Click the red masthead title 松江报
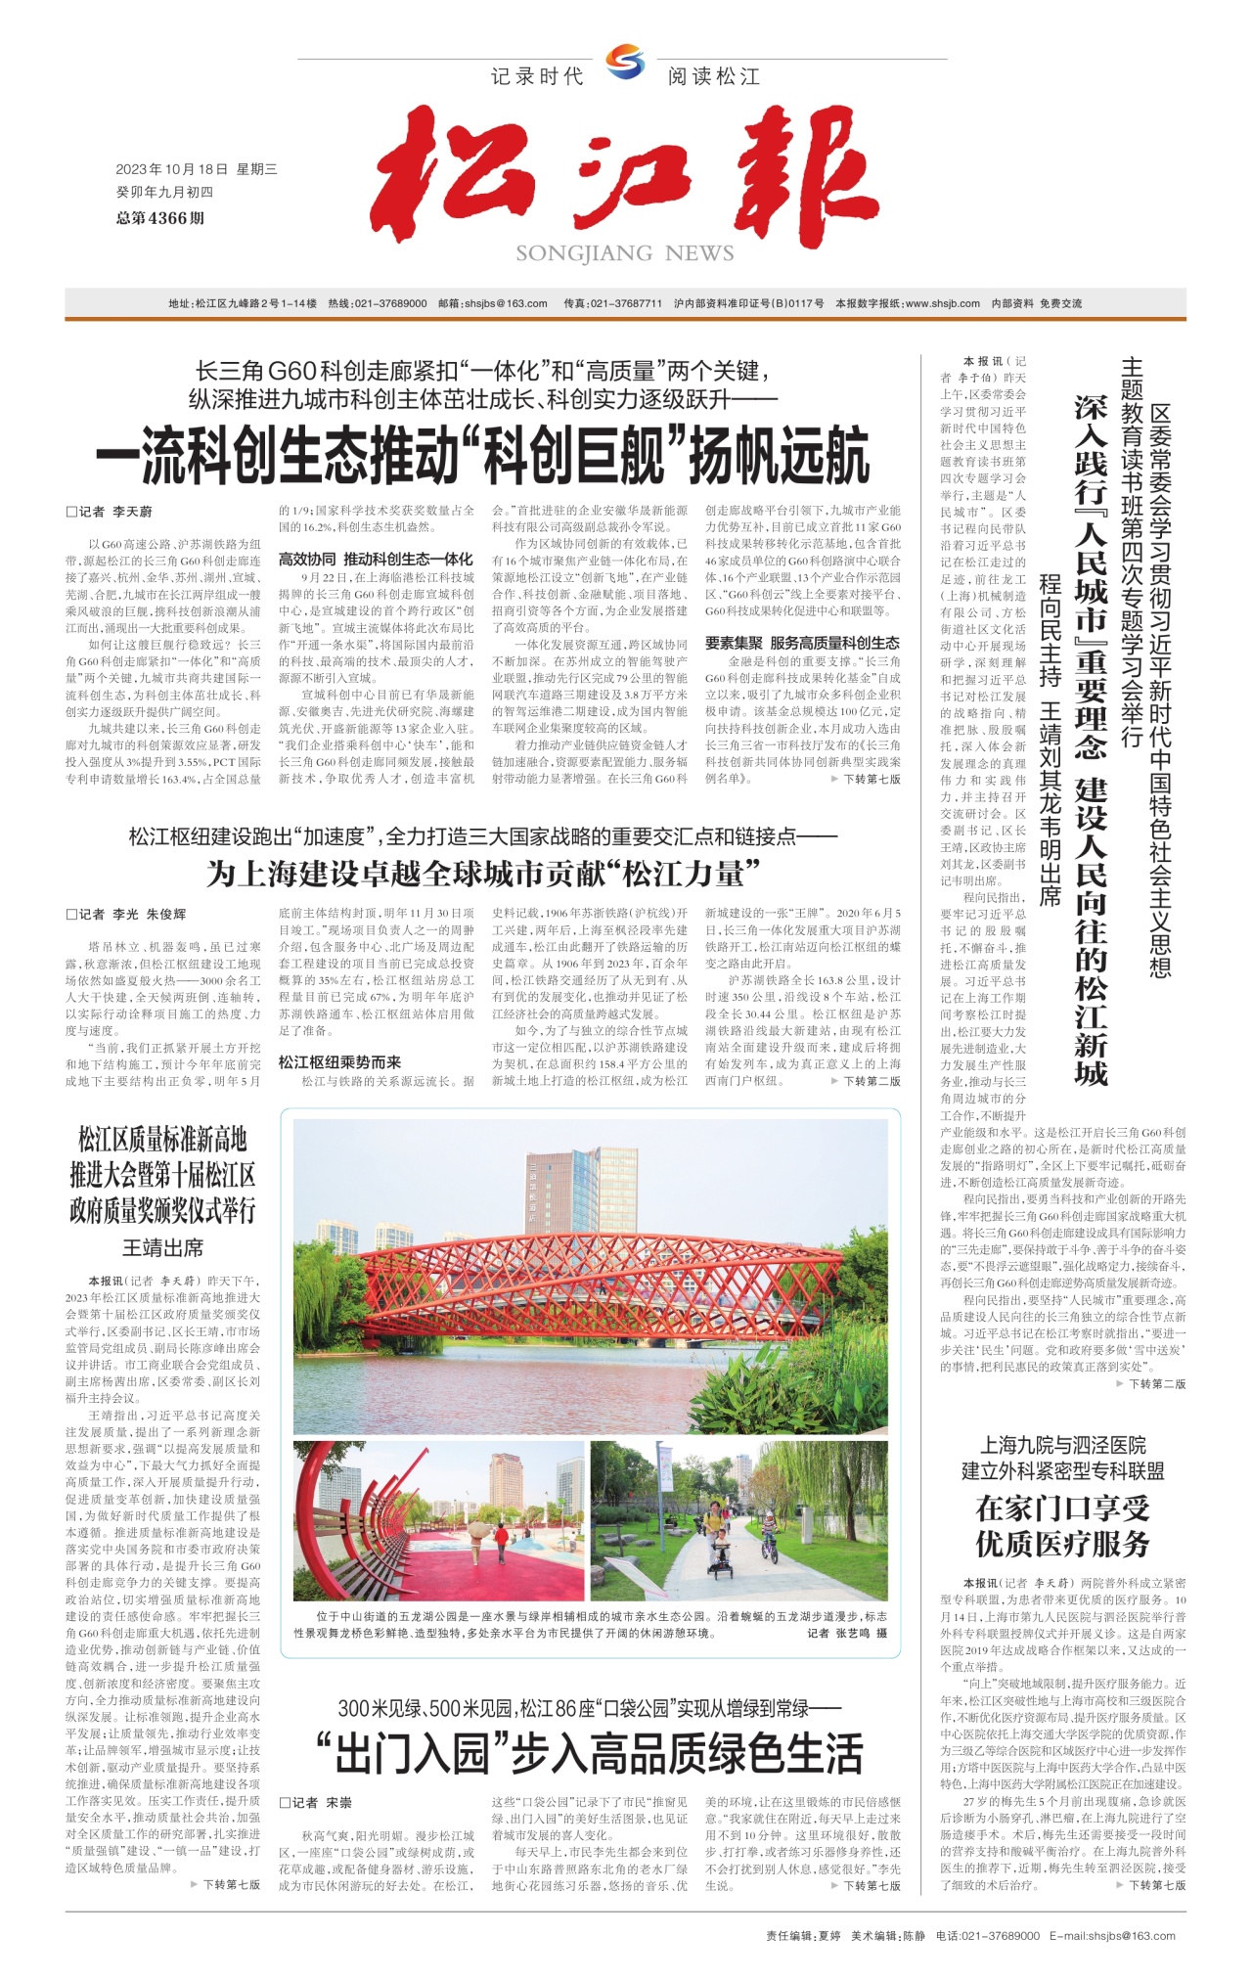click(626, 176)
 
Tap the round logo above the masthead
click(625, 63)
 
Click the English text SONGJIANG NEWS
click(625, 253)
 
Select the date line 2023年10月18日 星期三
click(196, 169)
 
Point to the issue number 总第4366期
click(160, 217)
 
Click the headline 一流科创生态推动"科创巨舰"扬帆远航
click(482, 456)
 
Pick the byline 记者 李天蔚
click(110, 512)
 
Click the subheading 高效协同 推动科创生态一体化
click(376, 560)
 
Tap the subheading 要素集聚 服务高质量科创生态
click(802, 643)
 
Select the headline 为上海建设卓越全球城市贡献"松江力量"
click(482, 873)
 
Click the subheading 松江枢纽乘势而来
click(339, 1061)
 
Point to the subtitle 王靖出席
click(162, 1247)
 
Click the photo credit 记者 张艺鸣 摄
click(847, 1633)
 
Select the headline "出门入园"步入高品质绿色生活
click(589, 1754)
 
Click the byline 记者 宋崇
click(316, 1802)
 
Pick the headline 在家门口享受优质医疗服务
click(1062, 1526)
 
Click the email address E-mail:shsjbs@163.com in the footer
click(1112, 1935)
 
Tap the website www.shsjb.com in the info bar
click(943, 303)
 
